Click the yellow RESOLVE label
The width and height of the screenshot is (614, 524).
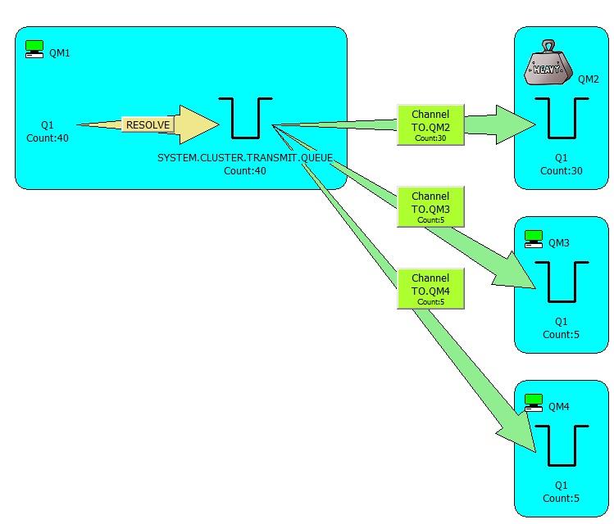[x=148, y=125]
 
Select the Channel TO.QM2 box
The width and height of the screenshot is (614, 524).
[x=430, y=125]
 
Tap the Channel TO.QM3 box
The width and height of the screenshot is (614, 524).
[x=430, y=207]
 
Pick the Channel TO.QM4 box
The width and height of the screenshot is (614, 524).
[x=430, y=288]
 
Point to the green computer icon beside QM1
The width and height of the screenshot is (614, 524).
[x=34, y=49]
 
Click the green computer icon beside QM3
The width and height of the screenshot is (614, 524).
[x=534, y=239]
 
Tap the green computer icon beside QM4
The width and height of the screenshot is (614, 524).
[x=534, y=403]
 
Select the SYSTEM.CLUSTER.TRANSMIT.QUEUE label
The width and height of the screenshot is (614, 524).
[x=245, y=156]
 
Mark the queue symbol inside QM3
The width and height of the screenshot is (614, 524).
[x=562, y=282]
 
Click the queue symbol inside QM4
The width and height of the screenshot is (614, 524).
[x=562, y=446]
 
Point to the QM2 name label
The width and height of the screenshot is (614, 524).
[x=589, y=79]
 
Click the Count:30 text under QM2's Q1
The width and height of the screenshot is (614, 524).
[x=562, y=170]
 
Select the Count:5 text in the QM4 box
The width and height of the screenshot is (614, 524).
[x=562, y=498]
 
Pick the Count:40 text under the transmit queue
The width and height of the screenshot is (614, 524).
[x=245, y=170]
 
